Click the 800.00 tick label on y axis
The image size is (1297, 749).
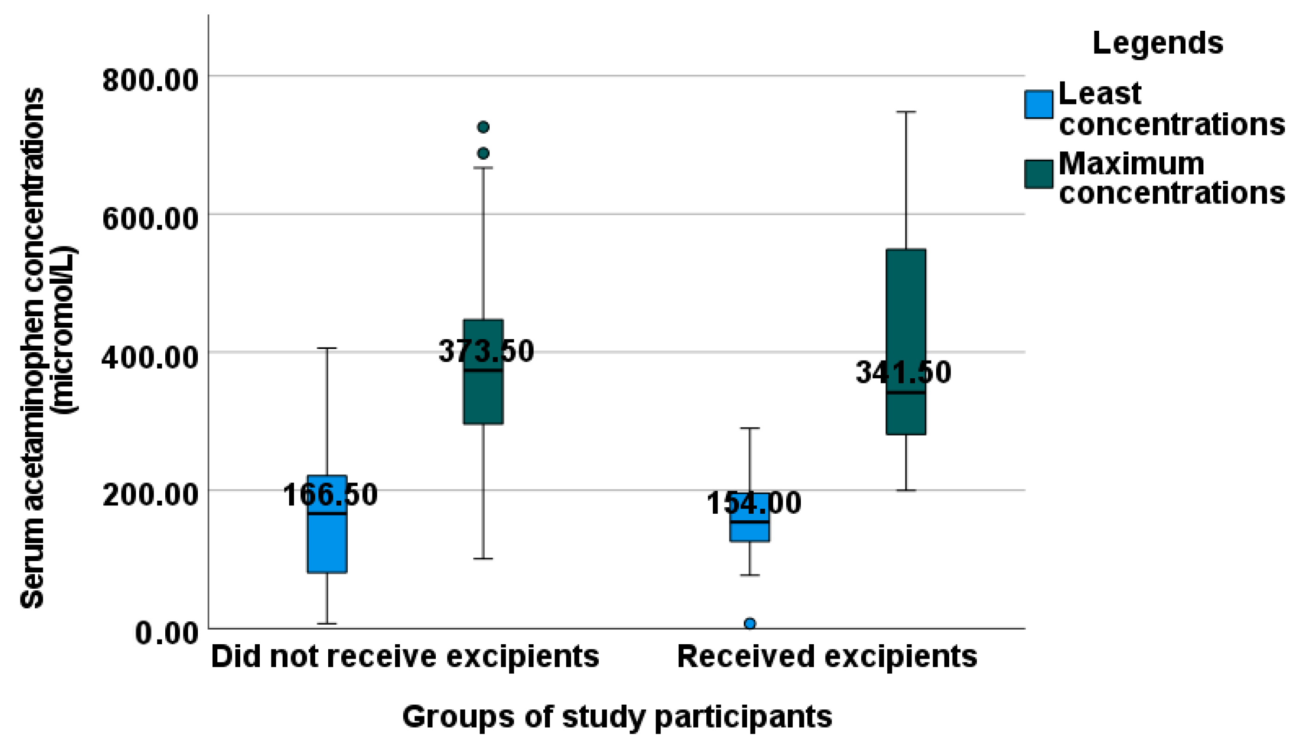pos(150,80)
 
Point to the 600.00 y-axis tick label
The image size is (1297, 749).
pos(150,218)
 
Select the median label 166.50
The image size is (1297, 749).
pos(330,495)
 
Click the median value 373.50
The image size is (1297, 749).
pos(486,351)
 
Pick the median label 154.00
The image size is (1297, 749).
pos(753,503)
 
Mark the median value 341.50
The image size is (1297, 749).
pos(903,373)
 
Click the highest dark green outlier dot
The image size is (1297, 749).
pos(483,127)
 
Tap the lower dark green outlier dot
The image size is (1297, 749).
pos(483,153)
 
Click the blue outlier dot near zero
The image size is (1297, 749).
pos(750,624)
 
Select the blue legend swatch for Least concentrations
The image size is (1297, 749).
pos(1039,105)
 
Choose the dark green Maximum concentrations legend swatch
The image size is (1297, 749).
pos(1039,174)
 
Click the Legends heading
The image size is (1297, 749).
pos(1157,43)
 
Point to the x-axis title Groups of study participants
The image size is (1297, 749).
pos(616,716)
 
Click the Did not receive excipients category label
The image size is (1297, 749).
pos(405,657)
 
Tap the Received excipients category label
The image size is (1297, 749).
pos(827,657)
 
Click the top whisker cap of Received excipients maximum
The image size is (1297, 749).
pos(906,112)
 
